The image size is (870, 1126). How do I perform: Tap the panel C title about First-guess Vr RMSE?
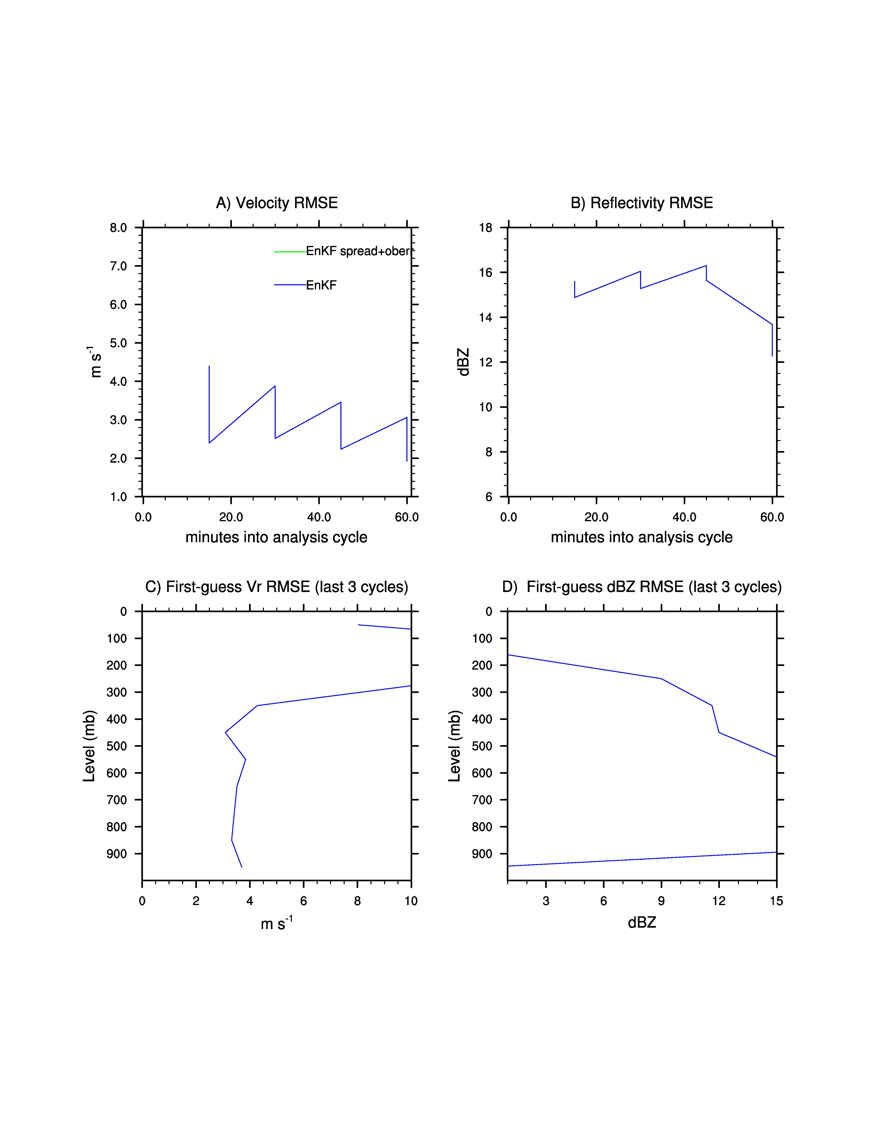(x=277, y=587)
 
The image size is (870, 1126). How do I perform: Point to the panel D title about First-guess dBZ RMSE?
(x=642, y=587)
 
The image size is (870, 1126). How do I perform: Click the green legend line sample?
(x=290, y=252)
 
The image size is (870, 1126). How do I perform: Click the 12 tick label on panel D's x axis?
(x=719, y=901)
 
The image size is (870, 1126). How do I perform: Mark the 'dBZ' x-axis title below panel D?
(x=642, y=922)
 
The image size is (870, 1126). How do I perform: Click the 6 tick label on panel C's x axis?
(x=304, y=901)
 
